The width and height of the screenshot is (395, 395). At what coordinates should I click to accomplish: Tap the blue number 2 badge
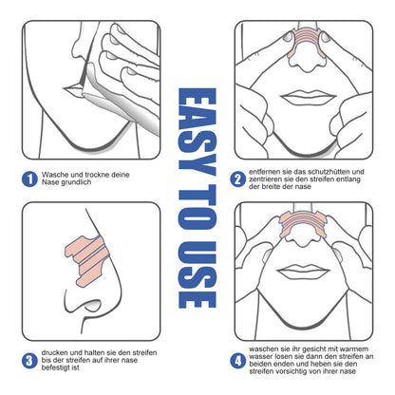236,178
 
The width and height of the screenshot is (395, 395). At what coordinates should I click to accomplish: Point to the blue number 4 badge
236,359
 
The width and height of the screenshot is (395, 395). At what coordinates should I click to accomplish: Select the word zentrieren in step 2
269,178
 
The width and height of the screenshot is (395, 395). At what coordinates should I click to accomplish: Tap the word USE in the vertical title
197,275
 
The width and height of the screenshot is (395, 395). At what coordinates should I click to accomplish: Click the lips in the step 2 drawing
303,100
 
